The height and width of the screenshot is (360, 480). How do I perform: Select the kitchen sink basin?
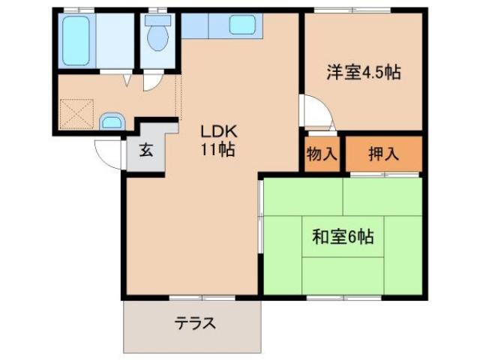(x=243, y=25)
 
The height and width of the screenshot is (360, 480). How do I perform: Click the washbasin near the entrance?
(x=112, y=121)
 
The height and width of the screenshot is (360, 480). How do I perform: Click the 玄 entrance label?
(x=145, y=149)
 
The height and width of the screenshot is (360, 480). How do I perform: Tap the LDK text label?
(x=217, y=130)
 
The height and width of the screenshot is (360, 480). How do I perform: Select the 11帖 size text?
(x=217, y=149)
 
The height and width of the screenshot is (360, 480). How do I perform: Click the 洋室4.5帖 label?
(x=363, y=73)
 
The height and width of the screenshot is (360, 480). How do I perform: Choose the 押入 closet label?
(x=383, y=154)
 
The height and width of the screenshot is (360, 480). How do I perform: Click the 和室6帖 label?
(x=343, y=238)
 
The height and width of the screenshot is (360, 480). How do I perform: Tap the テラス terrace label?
(x=195, y=324)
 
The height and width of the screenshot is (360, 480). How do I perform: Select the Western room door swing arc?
(x=315, y=112)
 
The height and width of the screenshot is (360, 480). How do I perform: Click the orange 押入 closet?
(x=383, y=154)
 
